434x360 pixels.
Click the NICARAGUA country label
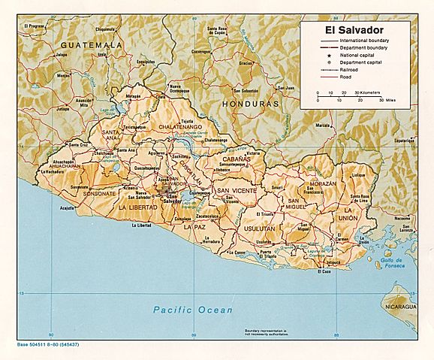(x=398, y=307)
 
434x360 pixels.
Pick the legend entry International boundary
(x=364, y=39)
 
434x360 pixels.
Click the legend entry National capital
(x=357, y=54)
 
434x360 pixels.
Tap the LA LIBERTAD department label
(x=137, y=206)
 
